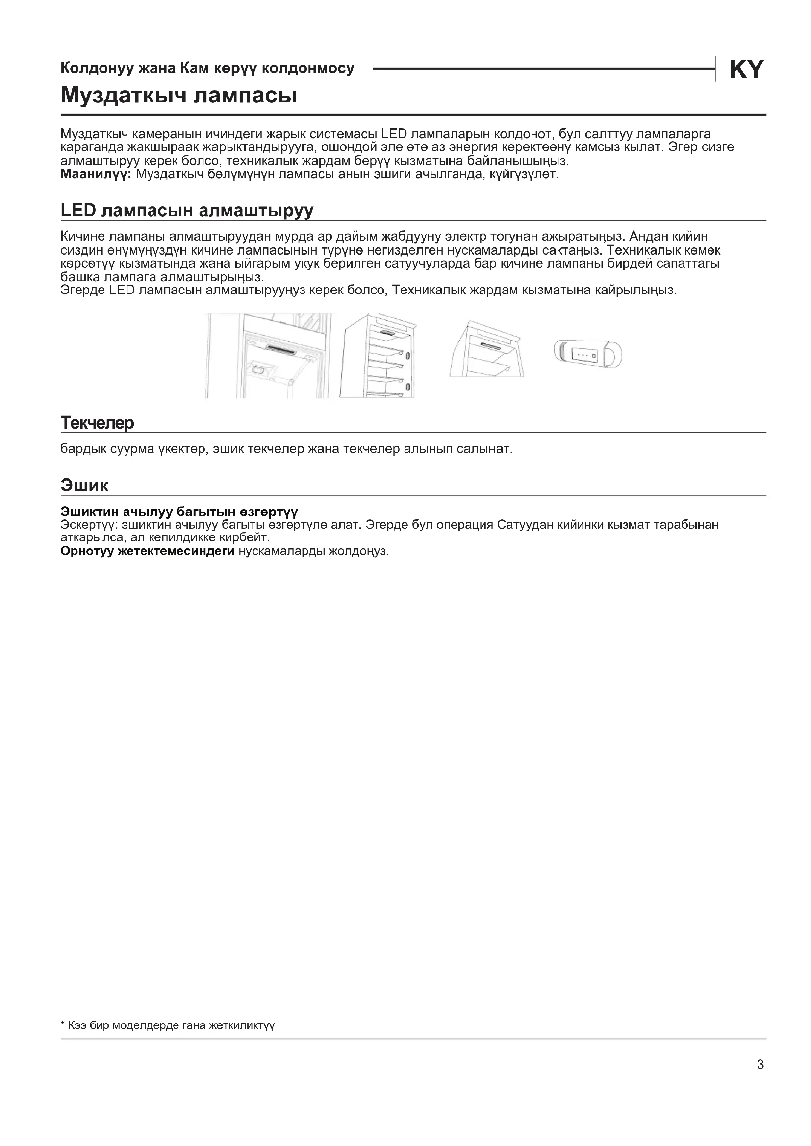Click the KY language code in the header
pos(746,70)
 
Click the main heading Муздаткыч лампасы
pos(178,95)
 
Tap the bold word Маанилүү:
pos(96,174)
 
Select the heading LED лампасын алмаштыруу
pos(187,210)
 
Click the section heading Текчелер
pos(97,423)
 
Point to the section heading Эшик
pos(84,485)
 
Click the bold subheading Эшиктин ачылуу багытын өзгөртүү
pos(179,512)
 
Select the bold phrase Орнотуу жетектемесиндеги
pos(147,551)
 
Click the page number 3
pos(760,1065)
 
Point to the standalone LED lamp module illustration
pos(588,355)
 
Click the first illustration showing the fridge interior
pos(269,355)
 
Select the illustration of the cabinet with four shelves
pos(378,355)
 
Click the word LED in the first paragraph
pos(394,134)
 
